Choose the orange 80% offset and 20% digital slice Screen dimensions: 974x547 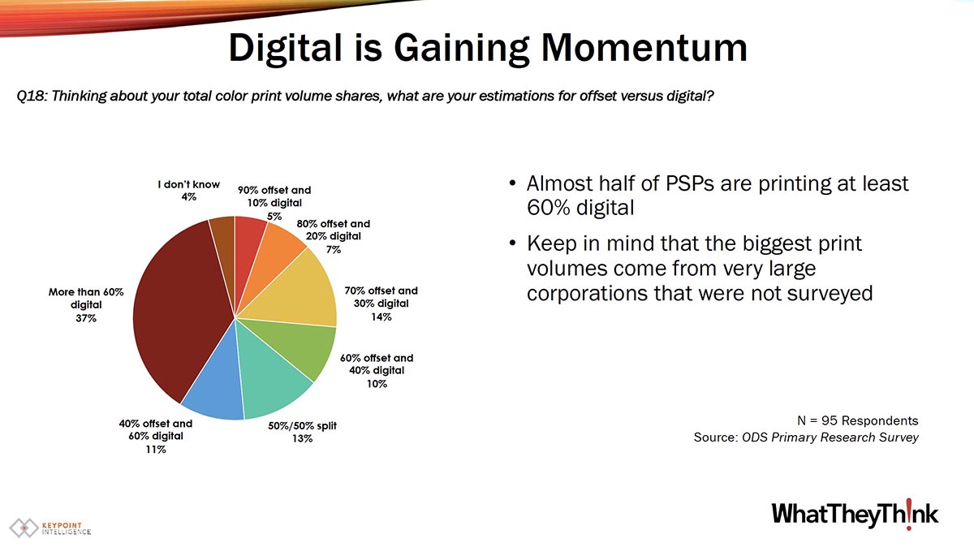(x=274, y=256)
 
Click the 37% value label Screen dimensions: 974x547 (x=86, y=318)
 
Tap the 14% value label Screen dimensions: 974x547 (x=381, y=317)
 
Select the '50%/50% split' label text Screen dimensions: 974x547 (x=302, y=426)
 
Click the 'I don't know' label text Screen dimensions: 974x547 (x=188, y=184)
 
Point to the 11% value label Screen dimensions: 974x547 (x=156, y=450)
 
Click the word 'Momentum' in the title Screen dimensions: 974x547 (x=644, y=48)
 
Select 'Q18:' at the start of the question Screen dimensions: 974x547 (x=32, y=96)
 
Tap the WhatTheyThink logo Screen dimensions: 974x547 (x=855, y=515)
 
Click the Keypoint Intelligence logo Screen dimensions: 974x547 (x=50, y=528)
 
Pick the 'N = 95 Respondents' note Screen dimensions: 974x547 (x=857, y=420)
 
